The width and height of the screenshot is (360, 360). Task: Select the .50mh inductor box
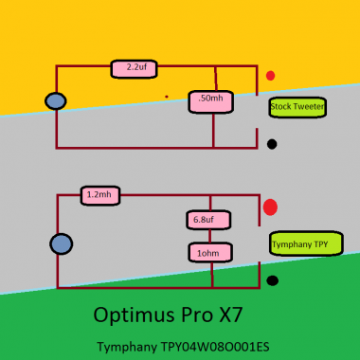212,100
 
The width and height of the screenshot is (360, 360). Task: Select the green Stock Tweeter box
297,107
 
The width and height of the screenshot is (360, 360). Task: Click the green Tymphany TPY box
300,243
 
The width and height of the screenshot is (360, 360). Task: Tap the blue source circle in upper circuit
56,101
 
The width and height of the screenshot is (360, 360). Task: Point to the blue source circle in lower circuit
62,244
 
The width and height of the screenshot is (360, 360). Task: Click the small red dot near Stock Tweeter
271,75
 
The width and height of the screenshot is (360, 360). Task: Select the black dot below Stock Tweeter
272,144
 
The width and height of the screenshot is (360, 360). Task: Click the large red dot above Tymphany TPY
270,207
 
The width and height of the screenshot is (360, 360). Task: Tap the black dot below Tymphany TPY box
273,280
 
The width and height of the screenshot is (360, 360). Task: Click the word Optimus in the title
128,314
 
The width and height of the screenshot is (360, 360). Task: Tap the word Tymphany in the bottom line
127,347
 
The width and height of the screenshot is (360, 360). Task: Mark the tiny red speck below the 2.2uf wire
167,96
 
